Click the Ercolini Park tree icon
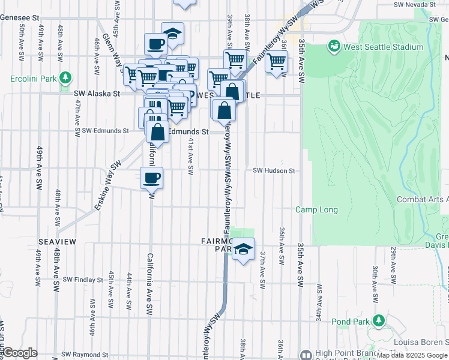click(65, 78)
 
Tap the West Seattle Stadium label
click(377, 46)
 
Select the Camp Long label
click(316, 209)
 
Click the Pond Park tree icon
click(379, 322)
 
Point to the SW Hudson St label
click(274, 171)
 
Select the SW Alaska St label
click(97, 94)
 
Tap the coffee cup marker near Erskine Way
click(151, 178)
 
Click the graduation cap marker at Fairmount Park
click(243, 249)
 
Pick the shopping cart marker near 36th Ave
click(276, 61)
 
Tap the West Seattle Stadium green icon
click(333, 46)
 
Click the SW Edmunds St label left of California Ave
click(105, 131)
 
